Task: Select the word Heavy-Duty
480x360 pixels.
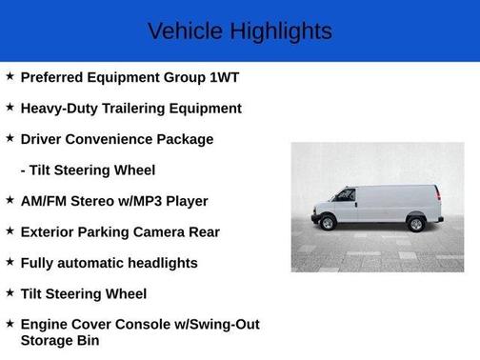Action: (x=57, y=109)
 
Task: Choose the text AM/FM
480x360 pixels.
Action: (x=44, y=201)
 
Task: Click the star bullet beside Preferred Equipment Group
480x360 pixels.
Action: (x=10, y=77)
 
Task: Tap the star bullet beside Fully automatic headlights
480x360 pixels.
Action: (x=10, y=262)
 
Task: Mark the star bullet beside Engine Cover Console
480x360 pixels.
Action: (x=10, y=324)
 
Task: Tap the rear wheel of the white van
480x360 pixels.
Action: (x=415, y=225)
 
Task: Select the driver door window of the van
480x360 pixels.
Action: (x=344, y=195)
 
